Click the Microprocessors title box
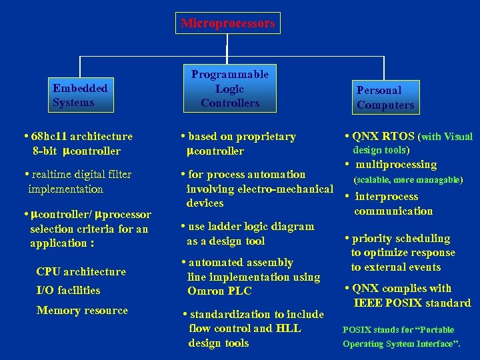(x=227, y=23)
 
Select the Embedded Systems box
(x=80, y=95)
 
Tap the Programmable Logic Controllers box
(x=229, y=89)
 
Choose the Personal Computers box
(x=385, y=97)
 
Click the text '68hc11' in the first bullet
(x=49, y=137)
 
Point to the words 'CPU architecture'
(x=81, y=271)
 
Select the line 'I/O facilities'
(x=68, y=290)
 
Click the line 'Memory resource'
(x=82, y=310)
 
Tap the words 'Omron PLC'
(x=219, y=291)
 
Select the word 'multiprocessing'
(x=396, y=165)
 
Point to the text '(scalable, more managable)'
(x=407, y=180)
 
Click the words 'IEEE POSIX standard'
(x=412, y=303)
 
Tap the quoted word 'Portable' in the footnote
(x=434, y=330)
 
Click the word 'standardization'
(x=230, y=314)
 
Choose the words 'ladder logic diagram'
(x=264, y=227)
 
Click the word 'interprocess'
(x=387, y=197)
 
